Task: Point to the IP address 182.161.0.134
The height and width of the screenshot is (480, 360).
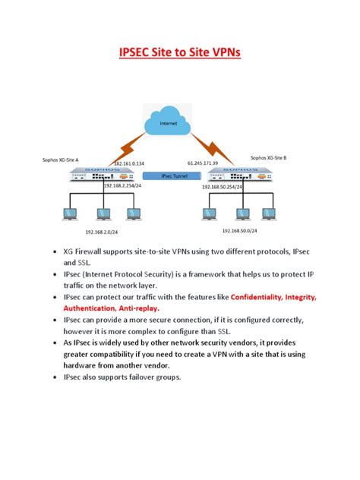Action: coord(128,163)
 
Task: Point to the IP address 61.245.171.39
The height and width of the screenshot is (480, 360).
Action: coord(203,163)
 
